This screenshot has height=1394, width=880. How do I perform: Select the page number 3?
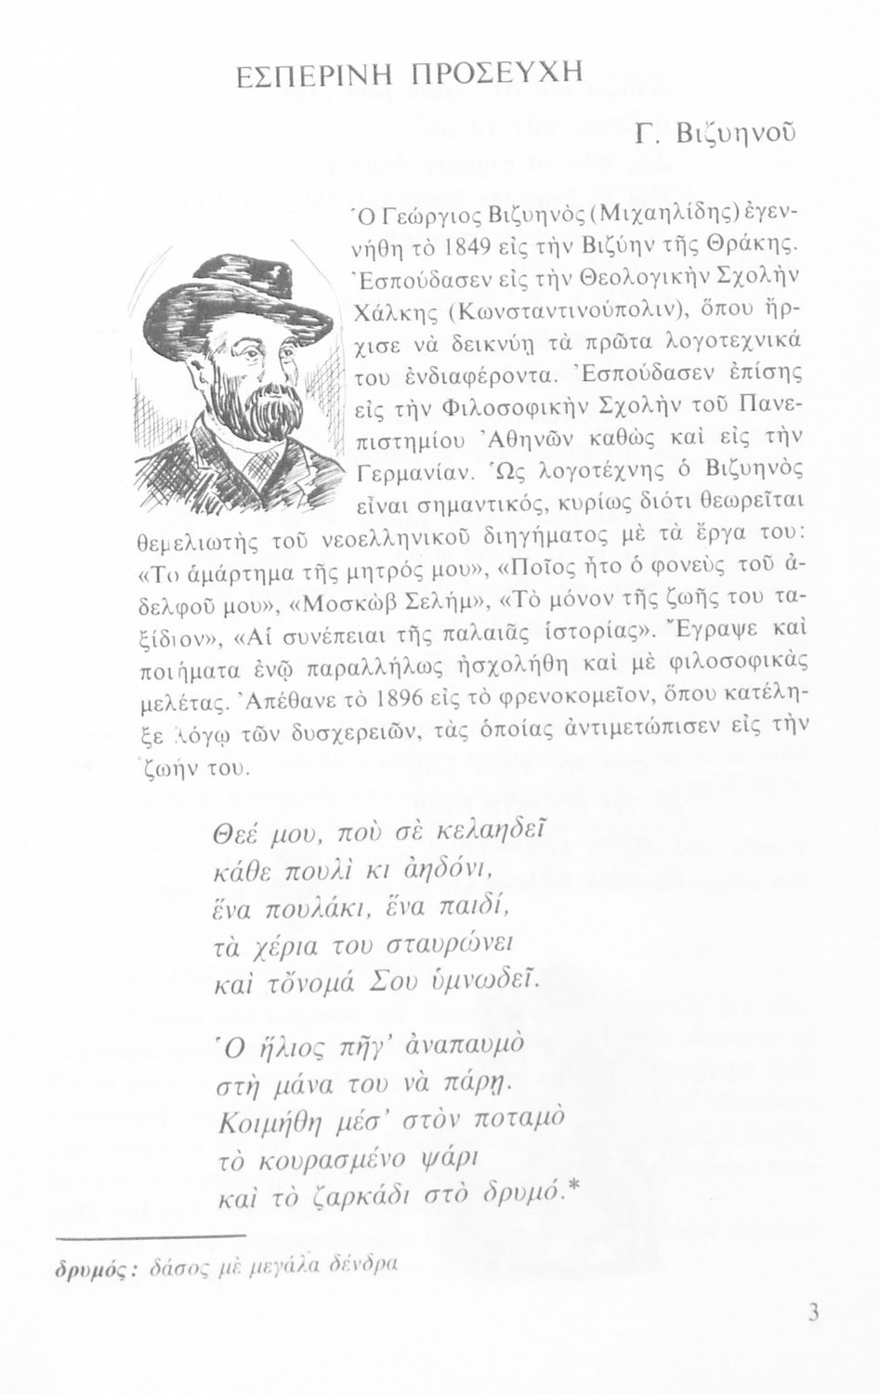pyautogui.click(x=813, y=1312)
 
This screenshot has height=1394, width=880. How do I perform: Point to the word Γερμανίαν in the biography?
pyautogui.click(x=414, y=477)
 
